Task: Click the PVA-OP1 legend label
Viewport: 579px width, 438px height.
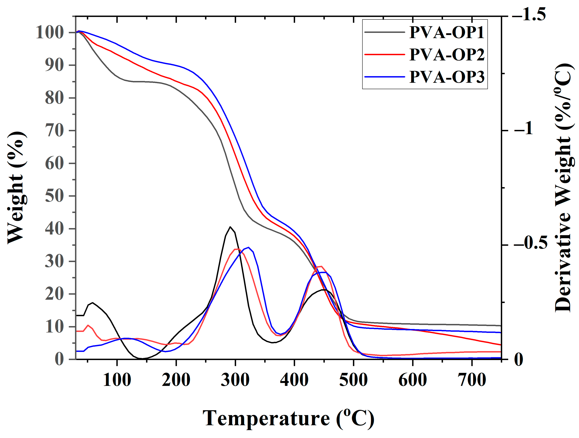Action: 447,32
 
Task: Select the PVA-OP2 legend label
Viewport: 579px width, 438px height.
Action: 447,55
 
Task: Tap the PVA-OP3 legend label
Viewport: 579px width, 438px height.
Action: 447,77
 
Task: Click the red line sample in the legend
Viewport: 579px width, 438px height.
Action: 385,54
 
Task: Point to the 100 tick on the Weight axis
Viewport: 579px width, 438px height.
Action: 50,33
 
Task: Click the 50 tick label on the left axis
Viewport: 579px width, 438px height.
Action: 54,196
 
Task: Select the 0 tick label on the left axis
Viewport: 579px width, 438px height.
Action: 59,359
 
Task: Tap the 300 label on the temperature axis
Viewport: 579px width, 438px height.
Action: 235,380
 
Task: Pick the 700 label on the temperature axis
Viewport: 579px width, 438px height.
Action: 472,380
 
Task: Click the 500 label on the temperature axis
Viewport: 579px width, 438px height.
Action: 353,380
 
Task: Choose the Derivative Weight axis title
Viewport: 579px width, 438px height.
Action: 563,188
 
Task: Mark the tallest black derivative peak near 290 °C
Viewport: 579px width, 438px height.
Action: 230,227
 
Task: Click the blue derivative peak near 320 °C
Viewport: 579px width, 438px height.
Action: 248,247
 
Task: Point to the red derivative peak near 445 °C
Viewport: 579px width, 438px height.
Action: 321,267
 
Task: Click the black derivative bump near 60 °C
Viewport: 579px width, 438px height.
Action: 92,303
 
